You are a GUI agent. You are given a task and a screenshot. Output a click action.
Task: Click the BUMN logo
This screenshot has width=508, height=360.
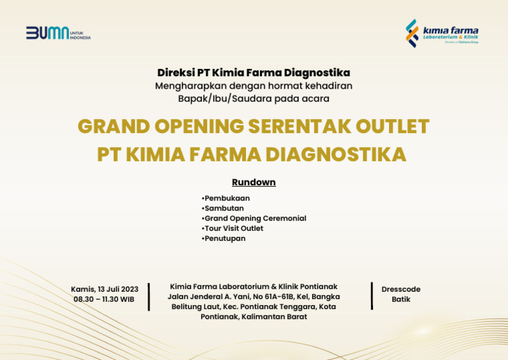(x=48, y=33)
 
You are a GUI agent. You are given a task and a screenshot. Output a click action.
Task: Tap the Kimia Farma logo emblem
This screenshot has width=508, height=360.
(x=412, y=33)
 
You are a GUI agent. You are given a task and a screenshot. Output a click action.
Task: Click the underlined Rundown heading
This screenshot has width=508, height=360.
(x=253, y=182)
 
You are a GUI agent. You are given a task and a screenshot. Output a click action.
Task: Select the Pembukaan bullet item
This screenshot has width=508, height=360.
(x=226, y=199)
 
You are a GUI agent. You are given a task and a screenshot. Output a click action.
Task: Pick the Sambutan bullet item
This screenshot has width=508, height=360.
(x=223, y=208)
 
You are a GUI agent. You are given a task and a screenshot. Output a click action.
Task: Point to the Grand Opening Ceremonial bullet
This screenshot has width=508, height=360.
(x=254, y=218)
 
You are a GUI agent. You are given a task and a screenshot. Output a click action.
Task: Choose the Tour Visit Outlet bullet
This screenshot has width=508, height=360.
(x=232, y=228)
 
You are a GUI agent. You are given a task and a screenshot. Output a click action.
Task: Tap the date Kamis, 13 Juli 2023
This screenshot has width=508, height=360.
(x=105, y=289)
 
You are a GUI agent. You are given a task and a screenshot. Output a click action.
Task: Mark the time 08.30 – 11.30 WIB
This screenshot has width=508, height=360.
(x=104, y=299)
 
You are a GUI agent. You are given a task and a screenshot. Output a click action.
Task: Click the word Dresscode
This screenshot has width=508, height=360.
(x=401, y=289)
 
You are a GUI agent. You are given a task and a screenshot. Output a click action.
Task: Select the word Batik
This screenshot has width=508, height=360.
(x=401, y=299)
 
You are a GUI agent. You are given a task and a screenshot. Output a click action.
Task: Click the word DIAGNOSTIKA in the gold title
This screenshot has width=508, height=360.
(x=335, y=154)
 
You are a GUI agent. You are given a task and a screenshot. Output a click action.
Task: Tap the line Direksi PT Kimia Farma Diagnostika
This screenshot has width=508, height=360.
(x=253, y=73)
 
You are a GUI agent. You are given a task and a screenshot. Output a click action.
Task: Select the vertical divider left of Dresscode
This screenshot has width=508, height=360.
(x=372, y=295)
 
